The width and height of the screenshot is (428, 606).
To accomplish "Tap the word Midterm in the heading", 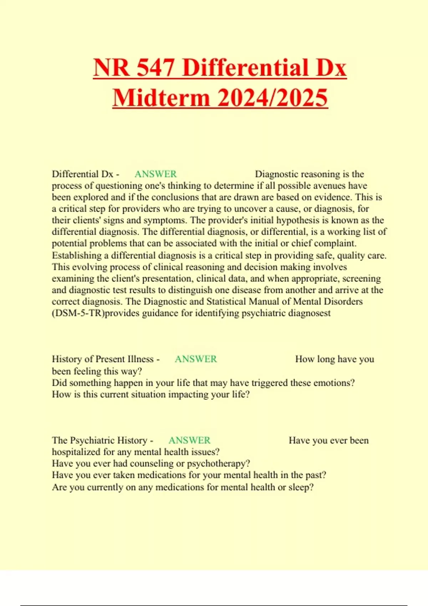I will tap(161, 98).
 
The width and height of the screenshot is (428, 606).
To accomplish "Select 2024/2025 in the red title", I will tap(272, 98).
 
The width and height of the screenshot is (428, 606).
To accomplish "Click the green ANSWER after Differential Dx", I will tap(156, 174).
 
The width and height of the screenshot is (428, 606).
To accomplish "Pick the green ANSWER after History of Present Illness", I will tap(196, 359).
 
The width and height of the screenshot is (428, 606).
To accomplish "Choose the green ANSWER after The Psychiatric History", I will tap(189, 440).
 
